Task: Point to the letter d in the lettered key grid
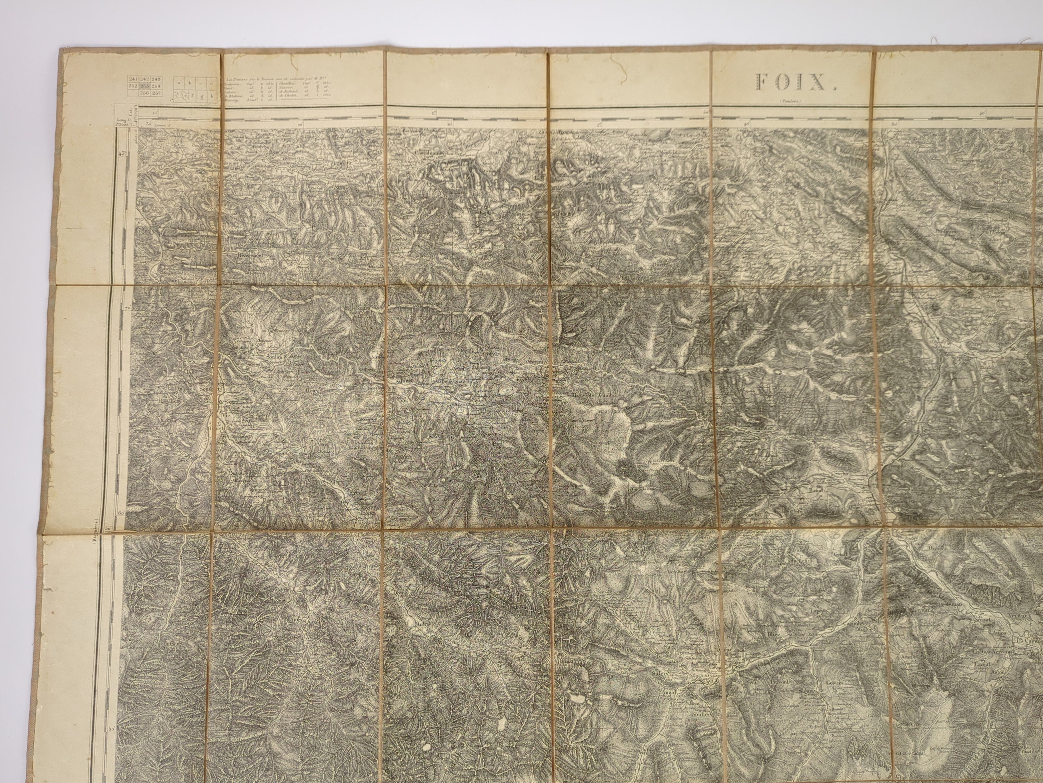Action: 212,83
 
